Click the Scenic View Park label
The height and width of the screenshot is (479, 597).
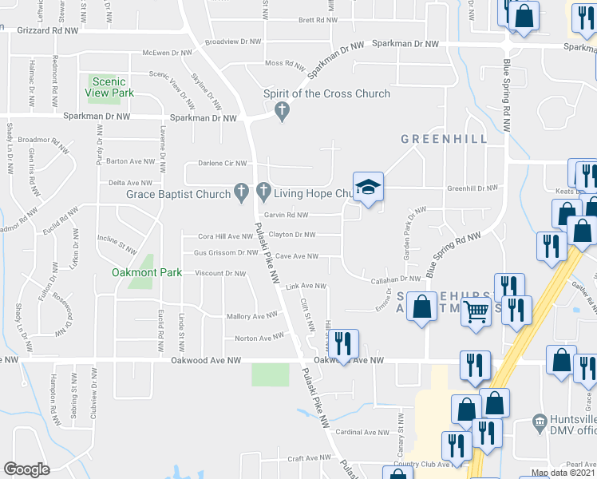(110, 87)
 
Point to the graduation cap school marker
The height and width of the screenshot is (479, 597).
(368, 188)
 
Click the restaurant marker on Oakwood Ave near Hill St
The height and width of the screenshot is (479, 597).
(343, 344)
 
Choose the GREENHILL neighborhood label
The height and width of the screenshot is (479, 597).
(445, 138)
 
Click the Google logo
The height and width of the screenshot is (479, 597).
(26, 469)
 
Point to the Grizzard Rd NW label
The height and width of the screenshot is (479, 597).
(48, 31)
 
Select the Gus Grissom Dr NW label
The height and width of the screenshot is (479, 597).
(214, 253)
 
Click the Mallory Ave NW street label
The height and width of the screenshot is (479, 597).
(251, 317)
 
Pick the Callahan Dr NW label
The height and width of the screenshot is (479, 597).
(395, 279)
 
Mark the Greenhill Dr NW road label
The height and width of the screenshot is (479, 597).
(472, 188)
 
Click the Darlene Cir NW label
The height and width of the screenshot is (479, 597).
(223, 164)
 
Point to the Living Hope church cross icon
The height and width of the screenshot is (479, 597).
(264, 192)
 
